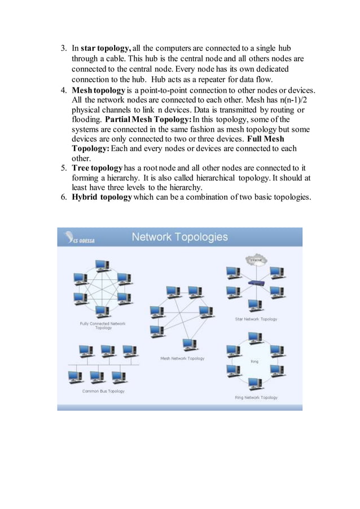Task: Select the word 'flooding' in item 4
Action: [x=86, y=119]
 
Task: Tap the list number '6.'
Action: [x=64, y=197]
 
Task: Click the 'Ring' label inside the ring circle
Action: [x=254, y=361]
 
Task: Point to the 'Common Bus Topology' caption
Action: [x=103, y=391]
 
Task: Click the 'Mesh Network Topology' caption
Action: [x=182, y=358]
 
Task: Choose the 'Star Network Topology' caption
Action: [x=256, y=319]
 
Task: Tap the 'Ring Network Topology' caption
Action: [x=256, y=397]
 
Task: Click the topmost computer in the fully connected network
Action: [x=102, y=265]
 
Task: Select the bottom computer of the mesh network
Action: [x=189, y=344]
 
